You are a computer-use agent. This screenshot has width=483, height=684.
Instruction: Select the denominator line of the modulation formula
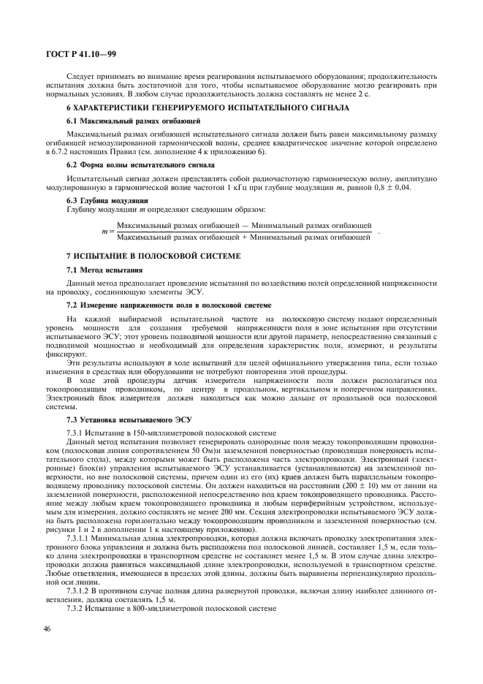244,237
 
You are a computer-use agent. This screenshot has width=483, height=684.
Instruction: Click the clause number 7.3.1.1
80,538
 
